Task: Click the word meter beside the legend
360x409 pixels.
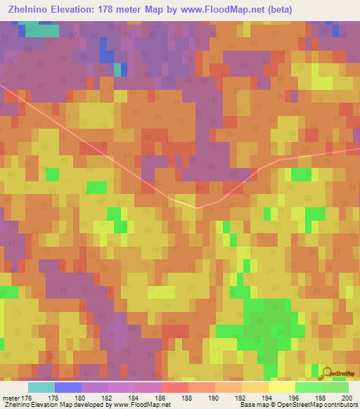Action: (11, 398)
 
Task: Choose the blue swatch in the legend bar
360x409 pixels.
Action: (67, 387)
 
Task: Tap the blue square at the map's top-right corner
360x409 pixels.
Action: (337, 30)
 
